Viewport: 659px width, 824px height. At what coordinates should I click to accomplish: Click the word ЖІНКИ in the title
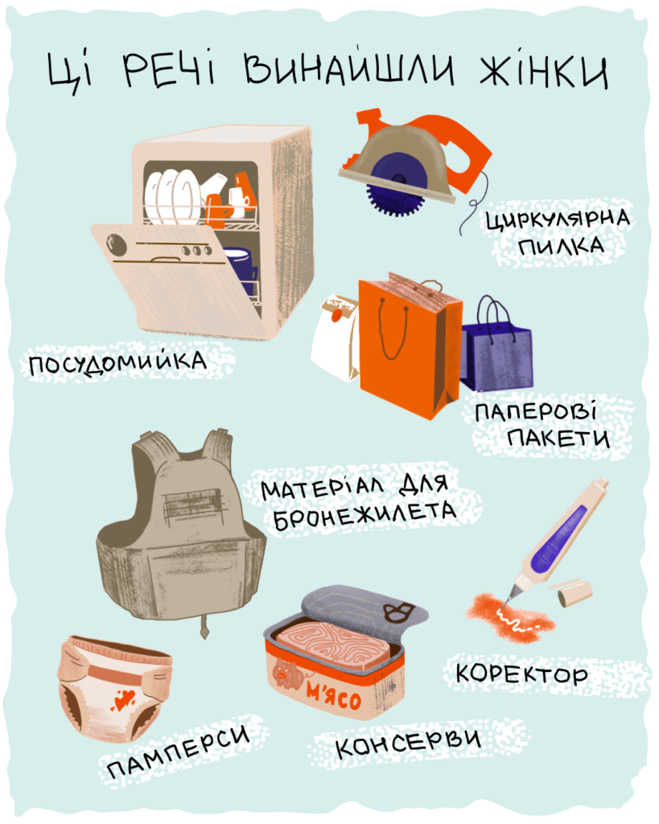[544, 72]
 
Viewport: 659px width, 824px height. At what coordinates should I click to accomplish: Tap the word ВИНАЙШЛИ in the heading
[349, 68]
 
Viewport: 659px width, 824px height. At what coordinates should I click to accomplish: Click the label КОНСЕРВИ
[408, 742]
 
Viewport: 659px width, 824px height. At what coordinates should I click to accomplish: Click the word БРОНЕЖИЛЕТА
[365, 515]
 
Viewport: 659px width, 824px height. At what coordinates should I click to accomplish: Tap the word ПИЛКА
[562, 245]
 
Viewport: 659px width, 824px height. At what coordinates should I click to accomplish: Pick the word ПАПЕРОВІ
[536, 411]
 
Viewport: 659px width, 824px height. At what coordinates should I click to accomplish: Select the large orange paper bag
[410, 347]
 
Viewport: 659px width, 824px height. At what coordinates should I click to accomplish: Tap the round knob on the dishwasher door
[116, 245]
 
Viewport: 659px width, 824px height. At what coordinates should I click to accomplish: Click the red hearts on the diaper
[123, 699]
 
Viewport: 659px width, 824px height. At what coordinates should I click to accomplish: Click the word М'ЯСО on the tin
[335, 696]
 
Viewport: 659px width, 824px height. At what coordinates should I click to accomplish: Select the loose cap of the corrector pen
[575, 592]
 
